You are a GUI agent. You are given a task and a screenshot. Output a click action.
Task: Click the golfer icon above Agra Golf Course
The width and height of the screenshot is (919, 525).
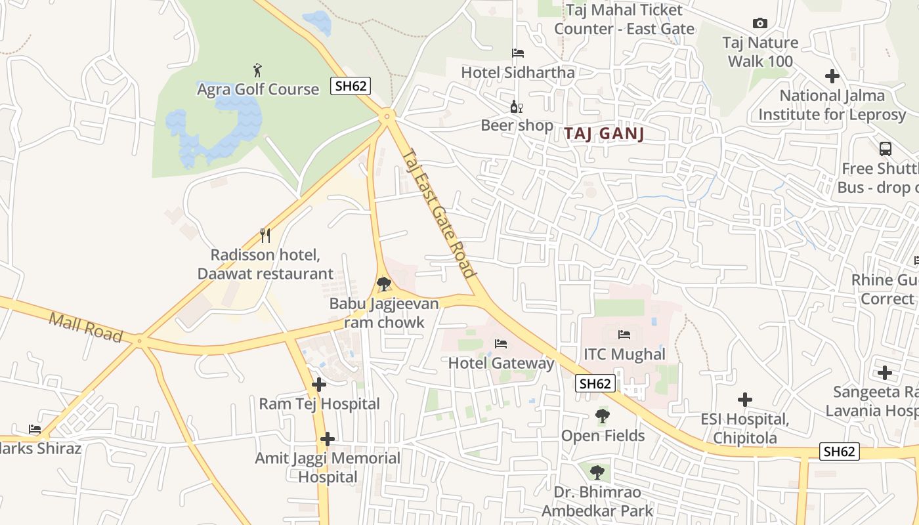(x=257, y=69)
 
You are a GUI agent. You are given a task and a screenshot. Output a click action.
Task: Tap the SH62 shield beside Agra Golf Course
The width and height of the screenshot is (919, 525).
(x=350, y=86)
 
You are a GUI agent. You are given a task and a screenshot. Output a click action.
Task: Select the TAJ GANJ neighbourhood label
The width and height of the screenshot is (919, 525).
(x=604, y=134)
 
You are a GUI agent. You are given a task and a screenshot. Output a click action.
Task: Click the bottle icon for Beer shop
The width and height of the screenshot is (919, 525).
(x=517, y=106)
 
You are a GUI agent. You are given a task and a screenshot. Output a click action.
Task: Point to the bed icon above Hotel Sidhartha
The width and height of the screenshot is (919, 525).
(x=518, y=53)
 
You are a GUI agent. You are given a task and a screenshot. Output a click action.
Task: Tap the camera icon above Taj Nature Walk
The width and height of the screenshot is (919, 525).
(x=760, y=24)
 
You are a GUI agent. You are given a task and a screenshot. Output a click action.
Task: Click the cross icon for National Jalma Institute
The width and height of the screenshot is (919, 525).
(x=832, y=76)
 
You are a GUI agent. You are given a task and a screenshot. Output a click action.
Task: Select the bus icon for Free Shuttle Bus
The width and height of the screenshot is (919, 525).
(x=885, y=149)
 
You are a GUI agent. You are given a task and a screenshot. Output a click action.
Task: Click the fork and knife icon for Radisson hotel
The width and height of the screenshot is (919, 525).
(x=265, y=236)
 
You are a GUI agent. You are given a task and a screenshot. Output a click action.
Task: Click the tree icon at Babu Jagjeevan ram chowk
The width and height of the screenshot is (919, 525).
(x=384, y=284)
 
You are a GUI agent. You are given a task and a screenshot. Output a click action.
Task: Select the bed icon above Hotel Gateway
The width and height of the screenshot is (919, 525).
(x=501, y=343)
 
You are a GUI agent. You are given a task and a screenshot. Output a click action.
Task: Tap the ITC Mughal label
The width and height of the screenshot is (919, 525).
(x=624, y=354)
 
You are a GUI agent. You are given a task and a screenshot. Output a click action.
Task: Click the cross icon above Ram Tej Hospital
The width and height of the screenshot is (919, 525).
(x=319, y=385)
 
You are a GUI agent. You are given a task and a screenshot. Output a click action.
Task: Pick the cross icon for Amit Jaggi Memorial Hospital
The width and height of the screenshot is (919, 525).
(x=328, y=439)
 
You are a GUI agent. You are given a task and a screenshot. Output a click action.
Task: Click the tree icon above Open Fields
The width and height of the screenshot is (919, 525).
(x=602, y=416)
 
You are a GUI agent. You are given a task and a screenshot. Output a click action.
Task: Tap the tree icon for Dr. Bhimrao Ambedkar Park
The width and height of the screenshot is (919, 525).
(x=597, y=472)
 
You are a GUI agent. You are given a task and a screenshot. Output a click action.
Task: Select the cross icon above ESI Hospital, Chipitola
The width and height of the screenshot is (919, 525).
(x=744, y=400)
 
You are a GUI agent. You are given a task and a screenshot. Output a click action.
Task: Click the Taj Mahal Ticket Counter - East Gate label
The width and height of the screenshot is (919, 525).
(x=624, y=20)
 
